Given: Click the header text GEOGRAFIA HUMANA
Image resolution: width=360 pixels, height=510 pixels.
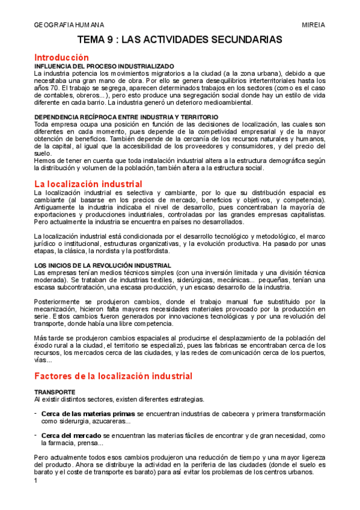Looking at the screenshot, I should tap(69, 25).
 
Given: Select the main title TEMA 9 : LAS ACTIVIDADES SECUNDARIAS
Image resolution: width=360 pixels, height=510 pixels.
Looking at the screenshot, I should tap(180, 40).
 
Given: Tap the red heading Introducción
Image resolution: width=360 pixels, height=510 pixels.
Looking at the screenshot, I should tap(62, 57).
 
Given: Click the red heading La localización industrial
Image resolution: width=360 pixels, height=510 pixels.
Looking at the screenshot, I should tap(88, 183).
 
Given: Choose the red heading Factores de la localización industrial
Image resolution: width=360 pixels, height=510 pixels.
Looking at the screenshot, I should tap(114, 376).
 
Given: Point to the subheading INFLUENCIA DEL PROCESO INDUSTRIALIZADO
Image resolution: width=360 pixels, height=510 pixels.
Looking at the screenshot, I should tap(104, 66).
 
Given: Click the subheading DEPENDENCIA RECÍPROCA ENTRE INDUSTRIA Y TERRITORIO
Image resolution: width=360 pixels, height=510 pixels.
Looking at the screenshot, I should tap(126, 116).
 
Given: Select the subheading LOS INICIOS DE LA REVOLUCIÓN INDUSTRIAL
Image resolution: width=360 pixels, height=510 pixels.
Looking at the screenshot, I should tap(103, 265).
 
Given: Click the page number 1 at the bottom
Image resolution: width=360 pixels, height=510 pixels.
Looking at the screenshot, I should tap(36, 480).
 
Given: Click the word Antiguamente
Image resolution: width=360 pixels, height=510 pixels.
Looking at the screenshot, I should tap(56, 207).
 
